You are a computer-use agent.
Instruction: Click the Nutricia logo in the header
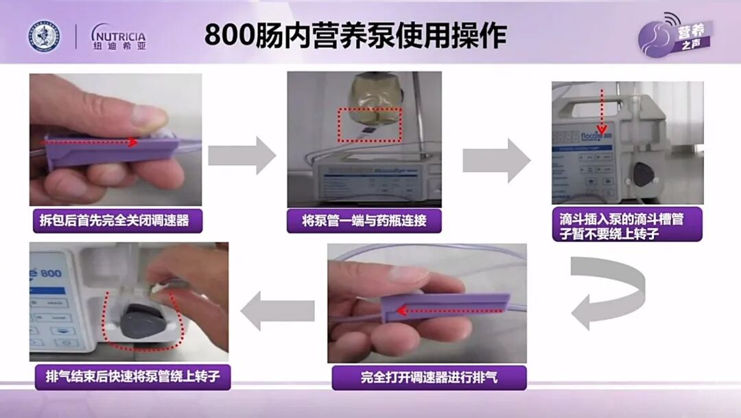118,36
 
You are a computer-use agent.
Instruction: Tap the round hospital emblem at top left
45,36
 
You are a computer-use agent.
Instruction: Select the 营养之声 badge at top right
677,34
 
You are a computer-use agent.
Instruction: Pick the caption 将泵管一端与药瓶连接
364,221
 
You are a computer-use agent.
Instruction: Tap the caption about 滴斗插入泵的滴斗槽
627,224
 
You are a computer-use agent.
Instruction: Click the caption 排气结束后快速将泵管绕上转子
133,376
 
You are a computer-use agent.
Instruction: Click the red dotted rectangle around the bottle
368,123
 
